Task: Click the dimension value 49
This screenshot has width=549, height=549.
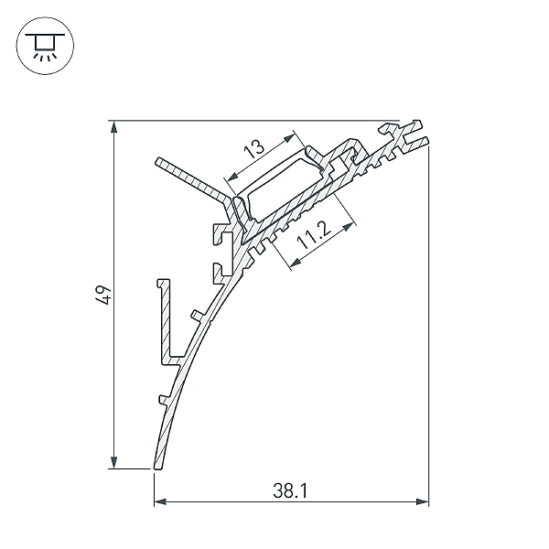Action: (103, 296)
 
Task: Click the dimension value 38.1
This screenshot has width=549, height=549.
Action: (290, 490)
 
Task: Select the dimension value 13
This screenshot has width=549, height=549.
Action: (254, 147)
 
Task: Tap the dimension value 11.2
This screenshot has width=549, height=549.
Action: (314, 236)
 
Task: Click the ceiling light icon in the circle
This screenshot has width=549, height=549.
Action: (45, 47)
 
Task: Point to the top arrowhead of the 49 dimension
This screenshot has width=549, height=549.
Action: (113, 127)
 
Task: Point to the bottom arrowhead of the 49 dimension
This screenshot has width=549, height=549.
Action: (113, 462)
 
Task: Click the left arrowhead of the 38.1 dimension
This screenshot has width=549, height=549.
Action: (160, 501)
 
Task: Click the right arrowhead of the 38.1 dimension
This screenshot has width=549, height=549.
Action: (422, 501)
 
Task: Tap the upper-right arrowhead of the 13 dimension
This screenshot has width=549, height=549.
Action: (288, 137)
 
